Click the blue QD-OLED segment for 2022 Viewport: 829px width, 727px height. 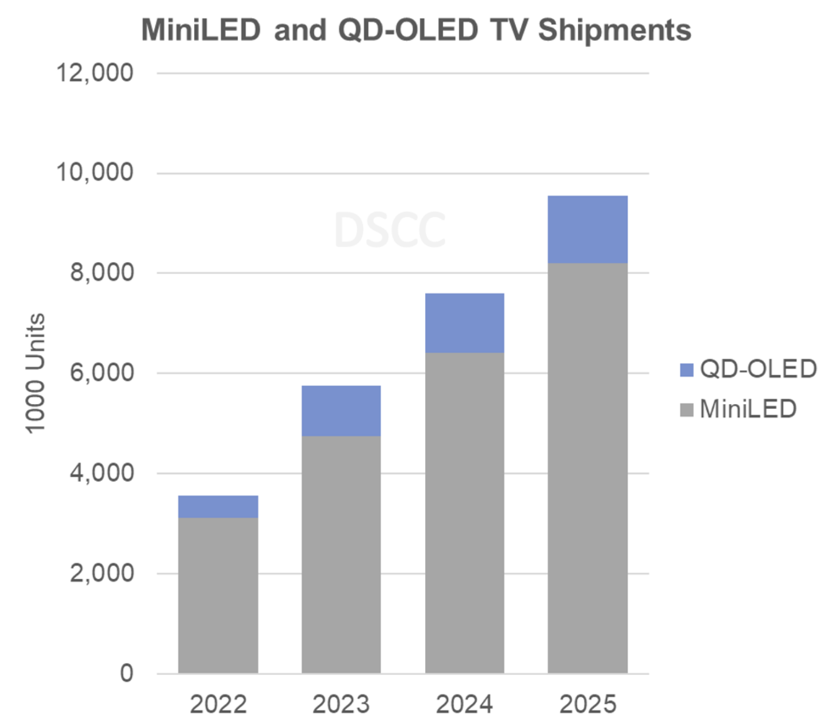(218, 507)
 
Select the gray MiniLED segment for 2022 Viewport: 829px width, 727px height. (218, 595)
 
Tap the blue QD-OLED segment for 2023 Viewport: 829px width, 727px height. (341, 411)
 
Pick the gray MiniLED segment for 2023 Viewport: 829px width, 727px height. (341, 554)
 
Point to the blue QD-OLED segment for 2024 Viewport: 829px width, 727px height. (464, 323)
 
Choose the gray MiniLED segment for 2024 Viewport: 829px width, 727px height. (464, 513)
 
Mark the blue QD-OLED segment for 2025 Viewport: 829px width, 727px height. (587, 230)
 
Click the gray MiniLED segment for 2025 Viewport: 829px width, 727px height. (587, 468)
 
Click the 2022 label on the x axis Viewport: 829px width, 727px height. (218, 704)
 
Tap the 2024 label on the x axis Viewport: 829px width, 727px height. (464, 704)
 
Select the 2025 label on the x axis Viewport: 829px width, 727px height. (587, 704)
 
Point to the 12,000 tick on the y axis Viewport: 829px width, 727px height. (95, 73)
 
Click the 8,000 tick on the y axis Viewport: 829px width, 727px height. (102, 273)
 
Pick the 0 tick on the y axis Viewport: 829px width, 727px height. (127, 673)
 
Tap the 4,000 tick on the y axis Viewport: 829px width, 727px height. (102, 473)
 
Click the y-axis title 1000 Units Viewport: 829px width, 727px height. (36, 373)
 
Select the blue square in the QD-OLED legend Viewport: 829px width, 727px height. (686, 370)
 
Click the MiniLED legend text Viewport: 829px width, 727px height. (747, 409)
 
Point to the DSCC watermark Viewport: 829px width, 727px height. (390, 230)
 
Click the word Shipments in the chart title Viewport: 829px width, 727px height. (614, 30)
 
